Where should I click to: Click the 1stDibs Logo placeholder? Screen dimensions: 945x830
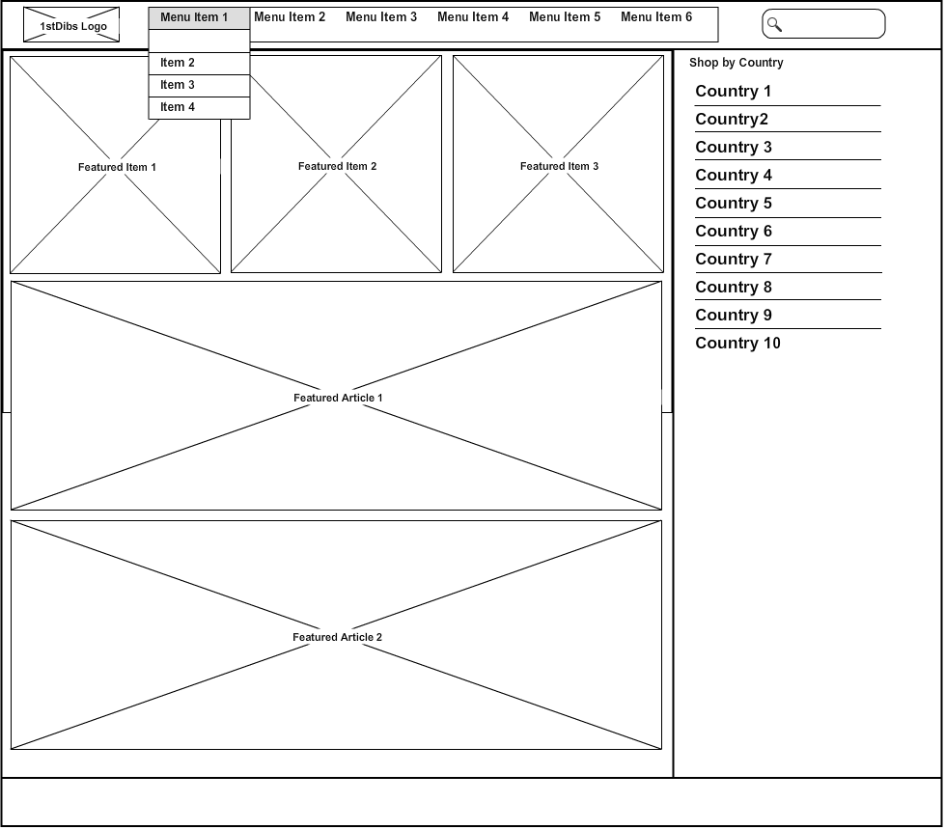pos(71,25)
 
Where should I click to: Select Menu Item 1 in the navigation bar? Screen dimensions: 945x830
pos(194,17)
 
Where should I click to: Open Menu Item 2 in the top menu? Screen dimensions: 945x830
pos(290,17)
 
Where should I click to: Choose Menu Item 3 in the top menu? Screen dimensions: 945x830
pos(381,17)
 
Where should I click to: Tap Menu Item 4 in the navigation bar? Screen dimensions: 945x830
pos(473,17)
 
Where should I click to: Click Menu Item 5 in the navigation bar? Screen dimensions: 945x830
pos(565,17)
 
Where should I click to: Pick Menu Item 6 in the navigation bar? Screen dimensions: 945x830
pos(656,17)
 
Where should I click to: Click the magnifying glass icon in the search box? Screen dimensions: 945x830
pos(774,25)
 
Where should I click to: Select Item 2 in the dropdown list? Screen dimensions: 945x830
pos(178,63)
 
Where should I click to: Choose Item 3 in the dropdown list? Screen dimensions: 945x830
pos(178,85)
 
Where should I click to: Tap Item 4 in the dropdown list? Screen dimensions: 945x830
pos(178,107)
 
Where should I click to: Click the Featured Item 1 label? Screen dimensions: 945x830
pos(117,168)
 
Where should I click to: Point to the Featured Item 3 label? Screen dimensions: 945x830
pos(559,166)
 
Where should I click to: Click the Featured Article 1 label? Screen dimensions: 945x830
pos(338,398)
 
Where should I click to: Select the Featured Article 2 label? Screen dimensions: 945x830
pos(338,637)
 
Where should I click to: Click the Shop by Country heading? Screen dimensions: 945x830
pos(736,63)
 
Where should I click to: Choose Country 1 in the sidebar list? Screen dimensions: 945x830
pos(733,91)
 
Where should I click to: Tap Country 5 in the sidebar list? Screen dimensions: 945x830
pos(734,203)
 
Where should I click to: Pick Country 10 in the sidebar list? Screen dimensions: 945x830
pos(737,343)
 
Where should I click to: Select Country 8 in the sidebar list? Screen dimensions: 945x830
pos(734,287)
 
